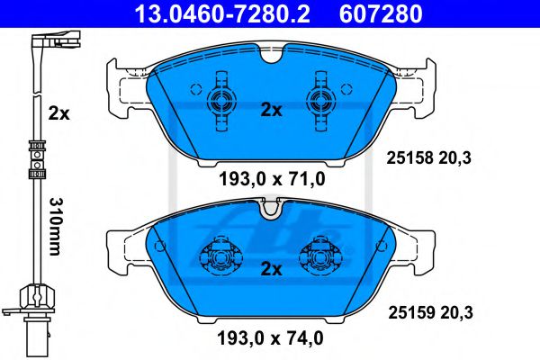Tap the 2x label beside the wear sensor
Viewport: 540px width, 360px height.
point(58,113)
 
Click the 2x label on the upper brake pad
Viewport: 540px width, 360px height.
point(271,111)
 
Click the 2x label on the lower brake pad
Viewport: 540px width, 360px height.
point(271,269)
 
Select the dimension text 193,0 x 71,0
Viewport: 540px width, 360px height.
point(271,179)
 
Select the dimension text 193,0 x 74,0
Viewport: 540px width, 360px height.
point(271,338)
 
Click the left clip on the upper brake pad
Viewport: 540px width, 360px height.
point(219,100)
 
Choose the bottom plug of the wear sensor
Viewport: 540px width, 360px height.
point(34,317)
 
